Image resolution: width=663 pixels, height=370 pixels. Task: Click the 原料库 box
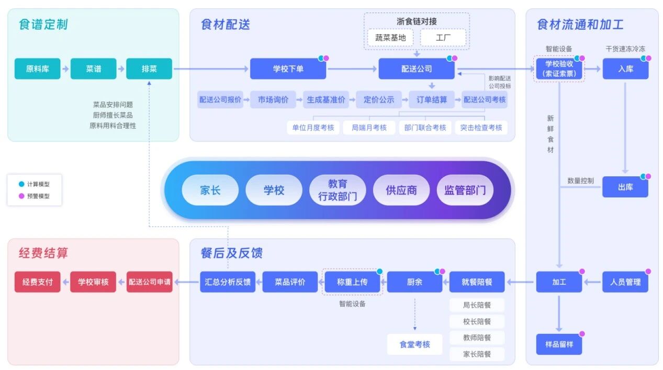(x=37, y=69)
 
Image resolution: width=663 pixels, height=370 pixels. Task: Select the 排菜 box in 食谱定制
(x=149, y=69)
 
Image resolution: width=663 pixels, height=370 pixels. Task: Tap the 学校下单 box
(x=288, y=69)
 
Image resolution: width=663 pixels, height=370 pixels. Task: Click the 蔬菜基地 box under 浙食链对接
(x=390, y=38)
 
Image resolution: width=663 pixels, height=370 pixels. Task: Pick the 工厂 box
(x=443, y=38)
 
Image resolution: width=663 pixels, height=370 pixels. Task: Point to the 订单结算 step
(x=432, y=99)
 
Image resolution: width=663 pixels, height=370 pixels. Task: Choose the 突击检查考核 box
(x=481, y=127)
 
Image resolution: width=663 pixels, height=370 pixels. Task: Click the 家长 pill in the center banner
(x=210, y=190)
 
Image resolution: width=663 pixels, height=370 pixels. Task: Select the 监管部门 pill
(x=465, y=190)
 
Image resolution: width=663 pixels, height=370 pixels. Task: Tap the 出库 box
(x=625, y=187)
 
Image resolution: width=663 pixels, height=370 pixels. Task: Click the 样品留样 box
(x=559, y=344)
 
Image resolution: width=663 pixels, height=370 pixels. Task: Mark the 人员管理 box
(x=625, y=282)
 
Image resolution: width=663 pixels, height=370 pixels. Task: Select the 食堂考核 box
(x=414, y=344)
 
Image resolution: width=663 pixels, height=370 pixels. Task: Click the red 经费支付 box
(x=37, y=282)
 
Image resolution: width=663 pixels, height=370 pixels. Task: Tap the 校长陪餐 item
(x=477, y=321)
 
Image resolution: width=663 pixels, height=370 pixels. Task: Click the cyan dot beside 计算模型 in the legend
(x=21, y=184)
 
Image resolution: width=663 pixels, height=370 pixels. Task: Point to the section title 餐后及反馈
(x=232, y=253)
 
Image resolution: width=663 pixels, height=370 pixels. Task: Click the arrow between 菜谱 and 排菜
(x=121, y=69)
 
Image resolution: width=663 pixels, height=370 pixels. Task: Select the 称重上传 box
(x=352, y=282)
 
